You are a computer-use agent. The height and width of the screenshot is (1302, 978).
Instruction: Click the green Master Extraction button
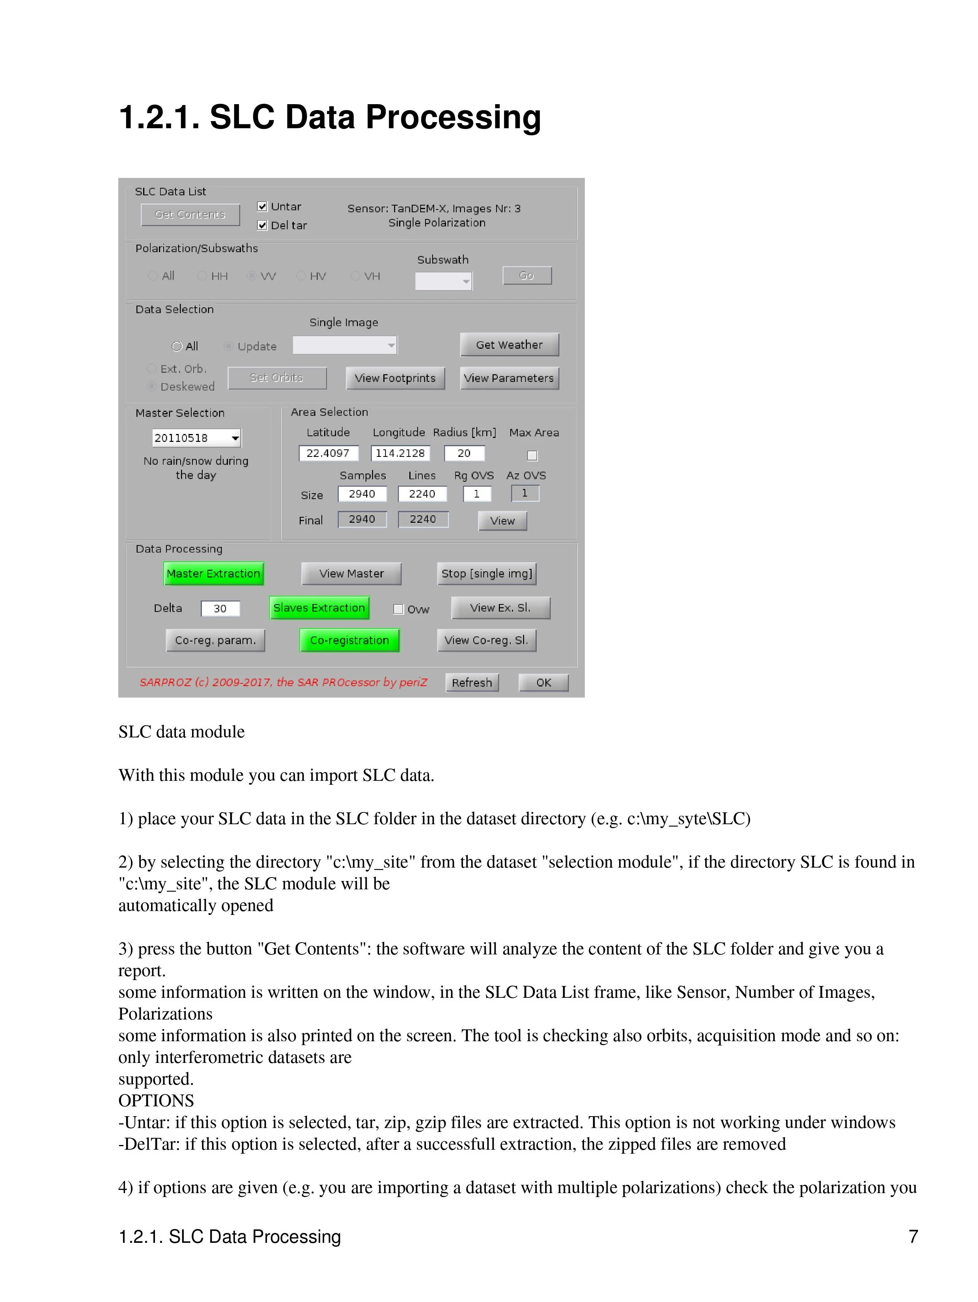213,573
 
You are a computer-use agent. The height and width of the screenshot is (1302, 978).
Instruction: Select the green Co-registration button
349,640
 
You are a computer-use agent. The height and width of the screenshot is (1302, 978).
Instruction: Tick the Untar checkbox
263,207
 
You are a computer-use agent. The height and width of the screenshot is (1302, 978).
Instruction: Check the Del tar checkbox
263,225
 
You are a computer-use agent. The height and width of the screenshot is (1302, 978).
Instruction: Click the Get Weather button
509,345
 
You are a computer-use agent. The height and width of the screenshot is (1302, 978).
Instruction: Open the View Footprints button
395,378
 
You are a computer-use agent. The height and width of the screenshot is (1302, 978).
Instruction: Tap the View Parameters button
509,378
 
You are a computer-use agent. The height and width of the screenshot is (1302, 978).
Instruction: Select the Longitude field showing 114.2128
400,453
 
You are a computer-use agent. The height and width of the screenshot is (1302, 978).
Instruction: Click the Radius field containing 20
464,453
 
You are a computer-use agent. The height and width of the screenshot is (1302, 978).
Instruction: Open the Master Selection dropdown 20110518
196,438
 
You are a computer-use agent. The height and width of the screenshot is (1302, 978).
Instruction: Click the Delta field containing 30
220,609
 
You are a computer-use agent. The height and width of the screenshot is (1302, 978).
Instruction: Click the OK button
543,683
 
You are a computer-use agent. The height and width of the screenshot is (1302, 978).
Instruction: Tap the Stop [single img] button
487,573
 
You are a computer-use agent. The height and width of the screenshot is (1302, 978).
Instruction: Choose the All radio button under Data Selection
177,346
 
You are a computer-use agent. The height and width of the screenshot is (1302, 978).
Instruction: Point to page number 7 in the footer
913,1237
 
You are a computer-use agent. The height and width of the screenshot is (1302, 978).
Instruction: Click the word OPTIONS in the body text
156,1101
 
